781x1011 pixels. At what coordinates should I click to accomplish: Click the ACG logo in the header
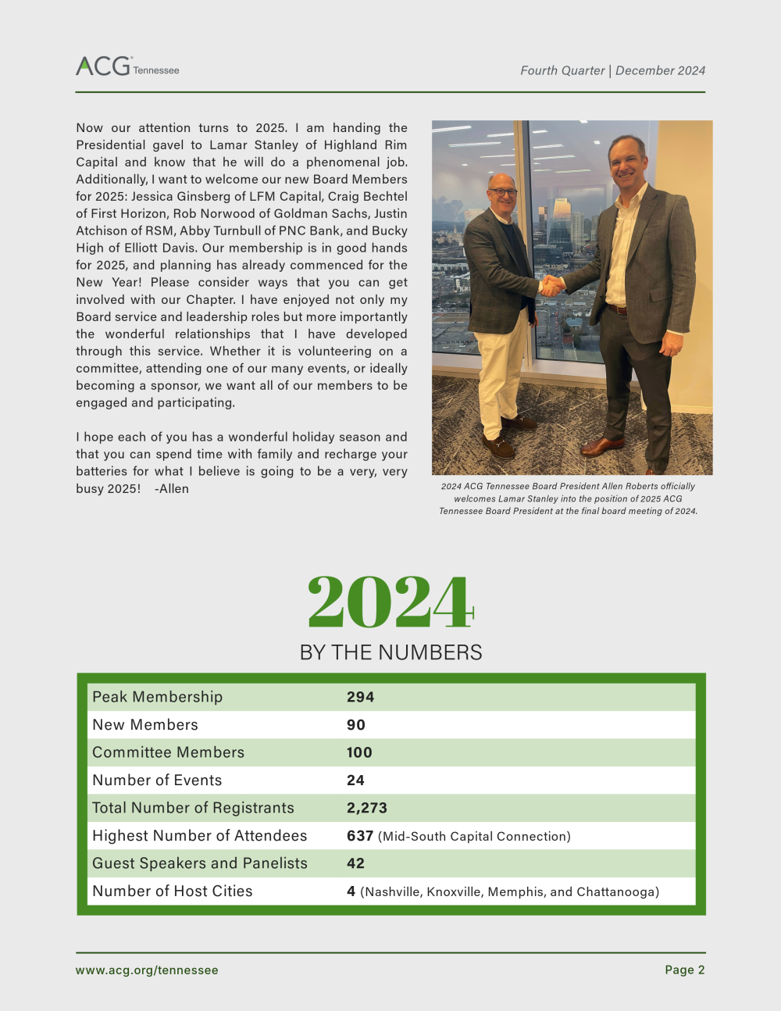(127, 66)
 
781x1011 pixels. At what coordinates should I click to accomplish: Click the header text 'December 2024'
(660, 70)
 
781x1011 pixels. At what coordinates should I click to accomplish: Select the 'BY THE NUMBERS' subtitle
(390, 652)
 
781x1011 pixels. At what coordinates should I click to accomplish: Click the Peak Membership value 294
(360, 697)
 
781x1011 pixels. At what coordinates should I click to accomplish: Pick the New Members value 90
(356, 725)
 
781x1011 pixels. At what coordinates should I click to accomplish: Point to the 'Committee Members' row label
(168, 752)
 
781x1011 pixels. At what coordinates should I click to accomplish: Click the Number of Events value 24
(355, 781)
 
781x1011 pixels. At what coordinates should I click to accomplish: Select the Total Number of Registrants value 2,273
(367, 808)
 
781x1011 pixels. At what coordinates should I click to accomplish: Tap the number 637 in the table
(360, 836)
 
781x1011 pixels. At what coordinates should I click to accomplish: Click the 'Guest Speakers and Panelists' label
(200, 863)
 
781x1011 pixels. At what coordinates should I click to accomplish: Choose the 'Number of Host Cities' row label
(173, 891)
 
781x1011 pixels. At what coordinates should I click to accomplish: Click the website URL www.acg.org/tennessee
(147, 970)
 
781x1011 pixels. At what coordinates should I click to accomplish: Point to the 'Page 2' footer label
(685, 970)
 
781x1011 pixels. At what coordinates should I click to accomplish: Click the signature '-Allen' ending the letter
(172, 489)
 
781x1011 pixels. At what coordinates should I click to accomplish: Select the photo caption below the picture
(568, 498)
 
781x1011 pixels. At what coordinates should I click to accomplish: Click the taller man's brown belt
(617, 310)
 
